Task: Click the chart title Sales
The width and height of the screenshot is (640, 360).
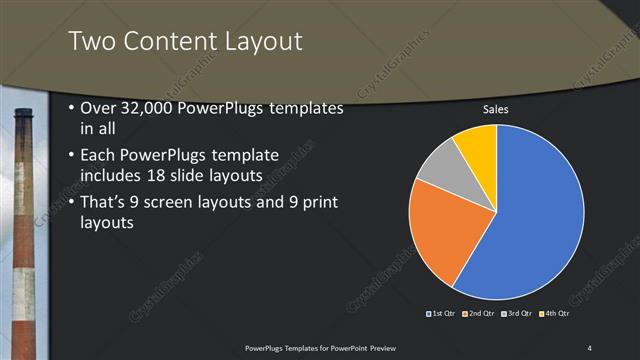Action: (496, 109)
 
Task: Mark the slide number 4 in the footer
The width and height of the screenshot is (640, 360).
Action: (590, 347)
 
